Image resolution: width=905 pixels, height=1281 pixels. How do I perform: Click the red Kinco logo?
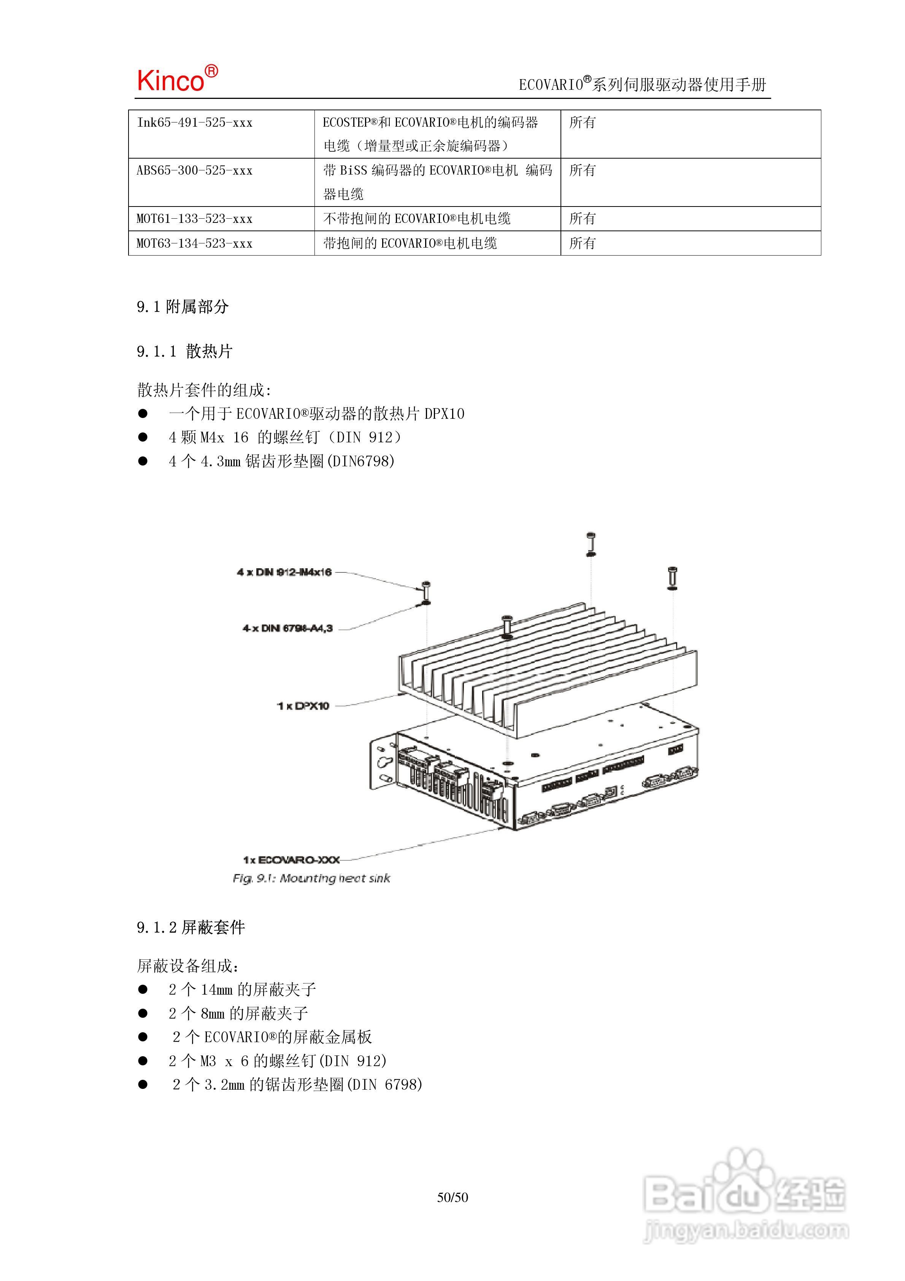click(177, 79)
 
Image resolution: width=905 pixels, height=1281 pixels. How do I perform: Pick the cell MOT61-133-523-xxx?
click(195, 219)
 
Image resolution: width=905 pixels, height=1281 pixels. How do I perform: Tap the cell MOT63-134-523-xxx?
click(195, 243)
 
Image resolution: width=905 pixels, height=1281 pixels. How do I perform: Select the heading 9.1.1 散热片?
click(185, 351)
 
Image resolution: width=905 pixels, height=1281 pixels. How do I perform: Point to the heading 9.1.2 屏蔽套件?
click(191, 927)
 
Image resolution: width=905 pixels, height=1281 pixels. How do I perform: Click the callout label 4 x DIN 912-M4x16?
click(284, 572)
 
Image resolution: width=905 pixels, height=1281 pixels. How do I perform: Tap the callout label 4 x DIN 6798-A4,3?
click(287, 628)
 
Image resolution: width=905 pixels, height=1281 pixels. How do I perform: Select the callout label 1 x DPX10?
click(303, 706)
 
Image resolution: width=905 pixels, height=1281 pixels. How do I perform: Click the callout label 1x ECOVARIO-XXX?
click(291, 860)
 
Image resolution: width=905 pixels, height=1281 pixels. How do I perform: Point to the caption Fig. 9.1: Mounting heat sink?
click(311, 878)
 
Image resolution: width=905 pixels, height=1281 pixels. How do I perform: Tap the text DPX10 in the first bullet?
click(444, 414)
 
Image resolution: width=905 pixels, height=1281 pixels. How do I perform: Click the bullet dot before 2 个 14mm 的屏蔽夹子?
click(143, 989)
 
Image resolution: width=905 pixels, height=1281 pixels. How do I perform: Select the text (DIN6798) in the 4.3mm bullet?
click(360, 461)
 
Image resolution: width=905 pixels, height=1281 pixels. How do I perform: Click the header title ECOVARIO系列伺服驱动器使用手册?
click(642, 85)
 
